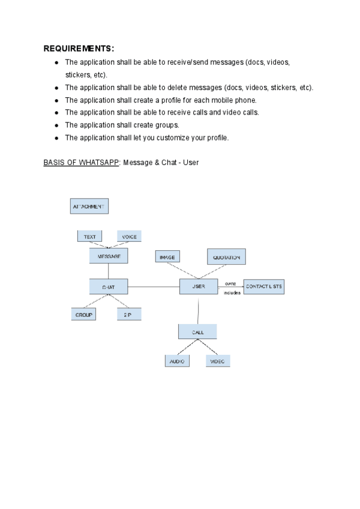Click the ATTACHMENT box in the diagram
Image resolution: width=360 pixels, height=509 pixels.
point(89,206)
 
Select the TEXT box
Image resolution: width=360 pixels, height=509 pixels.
point(89,236)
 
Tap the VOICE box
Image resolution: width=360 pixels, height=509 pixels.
point(129,236)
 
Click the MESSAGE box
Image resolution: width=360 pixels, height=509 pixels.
point(109,256)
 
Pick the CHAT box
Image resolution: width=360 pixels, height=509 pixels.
point(109,288)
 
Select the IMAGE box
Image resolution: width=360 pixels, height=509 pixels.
point(167,257)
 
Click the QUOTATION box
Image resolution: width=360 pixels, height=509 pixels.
point(226,257)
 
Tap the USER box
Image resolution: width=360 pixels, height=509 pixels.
point(199,286)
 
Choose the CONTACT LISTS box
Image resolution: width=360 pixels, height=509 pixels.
point(264,287)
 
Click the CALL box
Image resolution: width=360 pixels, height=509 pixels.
point(197,331)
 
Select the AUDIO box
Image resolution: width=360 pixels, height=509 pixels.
point(177,361)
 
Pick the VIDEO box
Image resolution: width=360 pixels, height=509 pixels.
point(217,361)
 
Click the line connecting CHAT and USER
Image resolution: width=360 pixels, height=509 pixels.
point(154,287)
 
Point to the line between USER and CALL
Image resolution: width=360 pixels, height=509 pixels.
point(198,309)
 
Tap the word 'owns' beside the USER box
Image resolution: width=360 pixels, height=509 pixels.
point(230,283)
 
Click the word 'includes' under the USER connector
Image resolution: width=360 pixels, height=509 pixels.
point(232,293)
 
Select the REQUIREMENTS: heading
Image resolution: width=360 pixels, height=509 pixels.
point(79,49)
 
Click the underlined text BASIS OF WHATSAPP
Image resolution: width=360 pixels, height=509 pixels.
point(81,163)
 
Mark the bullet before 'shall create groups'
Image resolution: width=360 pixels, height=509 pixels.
point(56,125)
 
